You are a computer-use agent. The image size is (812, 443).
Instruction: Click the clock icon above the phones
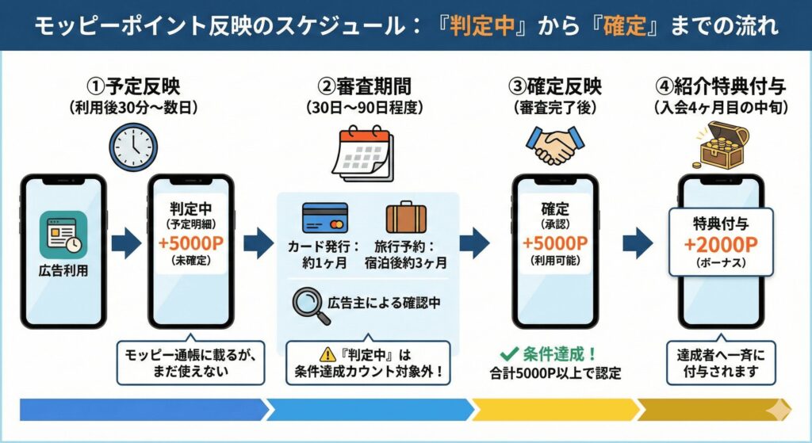133,147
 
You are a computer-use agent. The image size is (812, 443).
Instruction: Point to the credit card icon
324,218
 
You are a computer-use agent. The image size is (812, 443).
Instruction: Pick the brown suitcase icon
406,218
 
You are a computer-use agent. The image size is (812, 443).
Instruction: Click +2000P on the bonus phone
720,244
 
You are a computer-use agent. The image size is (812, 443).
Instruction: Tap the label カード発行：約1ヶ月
324,254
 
